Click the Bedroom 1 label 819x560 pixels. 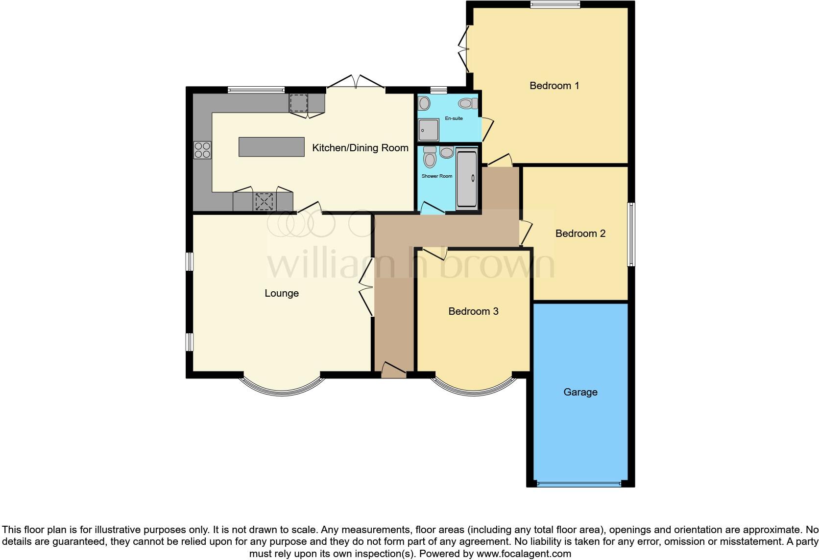point(554,86)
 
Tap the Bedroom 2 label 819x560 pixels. point(580,233)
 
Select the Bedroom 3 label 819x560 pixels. point(473,311)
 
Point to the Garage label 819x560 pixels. point(580,392)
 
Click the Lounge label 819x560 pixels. point(281,293)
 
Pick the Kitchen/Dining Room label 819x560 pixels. point(360,148)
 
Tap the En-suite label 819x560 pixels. point(454,118)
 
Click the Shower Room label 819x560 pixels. point(437,176)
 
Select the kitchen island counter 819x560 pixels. point(271,147)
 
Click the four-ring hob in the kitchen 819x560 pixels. point(202,150)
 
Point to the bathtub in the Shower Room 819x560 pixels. point(466,179)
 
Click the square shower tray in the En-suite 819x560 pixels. point(428,129)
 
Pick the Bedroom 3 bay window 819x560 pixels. point(473,388)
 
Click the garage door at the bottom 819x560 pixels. point(579,484)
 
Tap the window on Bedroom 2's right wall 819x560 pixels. point(631,234)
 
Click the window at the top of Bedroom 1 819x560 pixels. point(554,5)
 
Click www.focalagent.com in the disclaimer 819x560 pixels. point(524,554)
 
